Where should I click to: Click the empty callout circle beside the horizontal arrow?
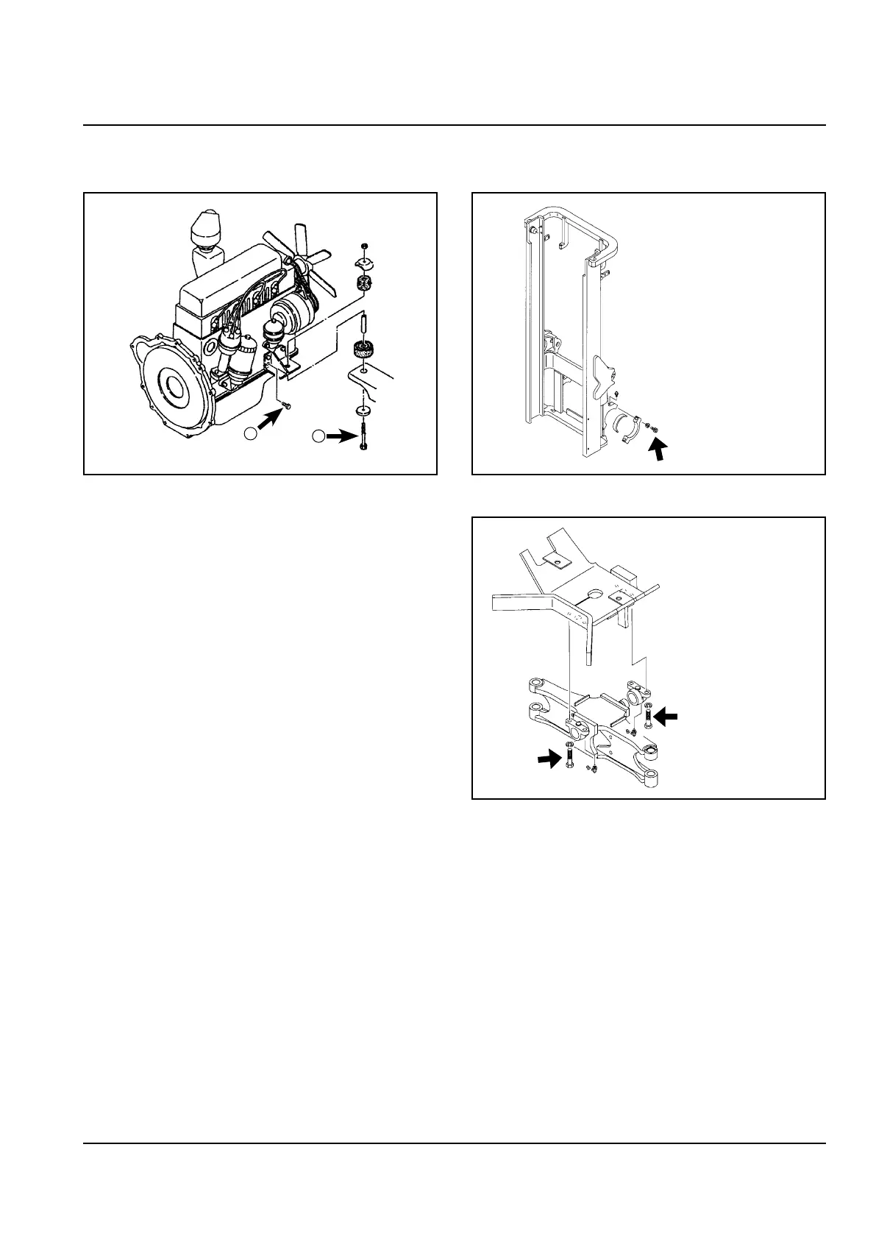[318, 436]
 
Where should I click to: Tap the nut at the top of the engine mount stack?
[365, 245]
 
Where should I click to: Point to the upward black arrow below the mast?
[661, 450]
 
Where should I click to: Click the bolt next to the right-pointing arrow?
[569, 758]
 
